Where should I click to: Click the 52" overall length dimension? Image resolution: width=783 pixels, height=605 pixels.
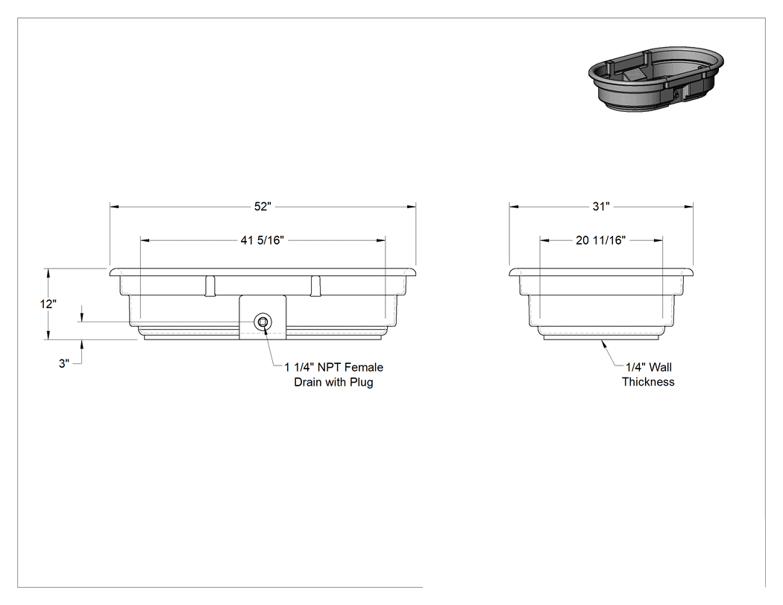click(262, 207)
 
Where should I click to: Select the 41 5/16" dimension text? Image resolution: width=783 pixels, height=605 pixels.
click(262, 240)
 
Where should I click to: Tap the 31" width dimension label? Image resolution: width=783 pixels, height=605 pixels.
click(601, 207)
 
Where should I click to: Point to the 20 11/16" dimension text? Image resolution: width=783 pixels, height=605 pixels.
click(601, 240)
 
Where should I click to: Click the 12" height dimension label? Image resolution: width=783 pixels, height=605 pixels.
click(48, 304)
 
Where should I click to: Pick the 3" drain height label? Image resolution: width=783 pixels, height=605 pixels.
click(64, 364)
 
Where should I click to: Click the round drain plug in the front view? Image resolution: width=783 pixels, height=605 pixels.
click(262, 322)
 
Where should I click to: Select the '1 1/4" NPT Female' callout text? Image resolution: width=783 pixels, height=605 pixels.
click(333, 367)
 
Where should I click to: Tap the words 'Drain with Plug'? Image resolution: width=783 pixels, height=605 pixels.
click(333, 382)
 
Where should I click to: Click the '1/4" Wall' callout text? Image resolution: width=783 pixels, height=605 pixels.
click(648, 367)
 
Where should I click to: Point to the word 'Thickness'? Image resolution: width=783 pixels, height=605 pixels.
click(648, 382)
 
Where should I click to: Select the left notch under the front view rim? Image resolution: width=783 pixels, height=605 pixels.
click(210, 286)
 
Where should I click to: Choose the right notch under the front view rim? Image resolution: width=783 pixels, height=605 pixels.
click(315, 286)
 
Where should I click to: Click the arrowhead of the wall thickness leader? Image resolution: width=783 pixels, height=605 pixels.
click(604, 343)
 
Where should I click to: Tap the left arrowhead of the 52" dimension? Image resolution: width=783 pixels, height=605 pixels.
click(114, 207)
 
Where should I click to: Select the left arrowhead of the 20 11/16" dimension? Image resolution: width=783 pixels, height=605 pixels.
click(544, 240)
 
